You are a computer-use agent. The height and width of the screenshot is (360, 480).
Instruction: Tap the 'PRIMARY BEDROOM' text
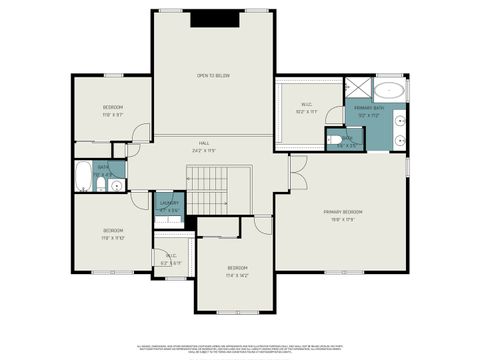tap(342, 212)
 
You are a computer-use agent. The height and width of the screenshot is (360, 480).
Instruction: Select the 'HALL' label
tap(203, 144)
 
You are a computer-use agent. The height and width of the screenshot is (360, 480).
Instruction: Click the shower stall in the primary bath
tap(358, 89)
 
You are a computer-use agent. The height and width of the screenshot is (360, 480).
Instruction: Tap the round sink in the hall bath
tap(116, 185)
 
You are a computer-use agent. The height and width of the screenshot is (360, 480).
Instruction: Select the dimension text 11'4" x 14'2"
tap(237, 274)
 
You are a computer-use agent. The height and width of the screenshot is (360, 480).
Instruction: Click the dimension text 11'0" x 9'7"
tap(113, 114)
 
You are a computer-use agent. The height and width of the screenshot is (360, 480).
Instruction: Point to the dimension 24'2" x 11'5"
tap(203, 151)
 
